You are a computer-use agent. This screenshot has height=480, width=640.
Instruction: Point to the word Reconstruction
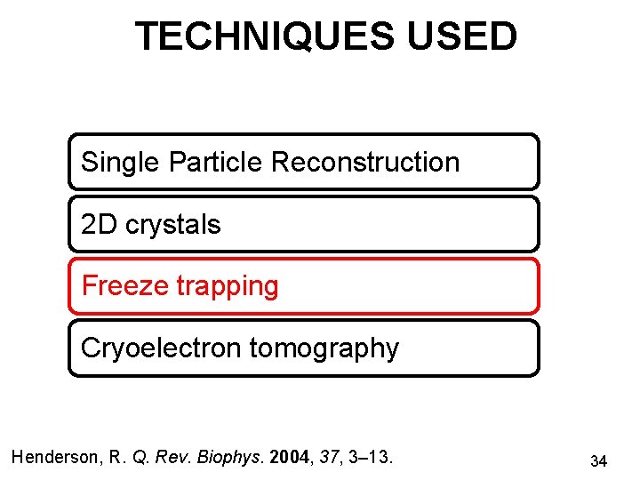click(x=364, y=163)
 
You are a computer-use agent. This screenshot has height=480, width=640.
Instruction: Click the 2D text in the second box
click(x=99, y=225)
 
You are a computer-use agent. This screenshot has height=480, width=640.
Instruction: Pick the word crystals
click(x=172, y=225)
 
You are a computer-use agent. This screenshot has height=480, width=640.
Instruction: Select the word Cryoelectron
click(x=161, y=348)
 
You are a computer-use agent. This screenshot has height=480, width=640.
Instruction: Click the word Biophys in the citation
click(x=236, y=458)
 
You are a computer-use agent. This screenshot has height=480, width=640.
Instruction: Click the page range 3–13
click(x=372, y=458)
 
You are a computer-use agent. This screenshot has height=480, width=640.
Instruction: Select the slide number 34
click(x=598, y=461)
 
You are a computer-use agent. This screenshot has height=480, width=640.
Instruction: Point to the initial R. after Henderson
click(x=116, y=458)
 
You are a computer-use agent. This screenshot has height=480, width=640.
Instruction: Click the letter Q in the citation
click(x=140, y=458)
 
